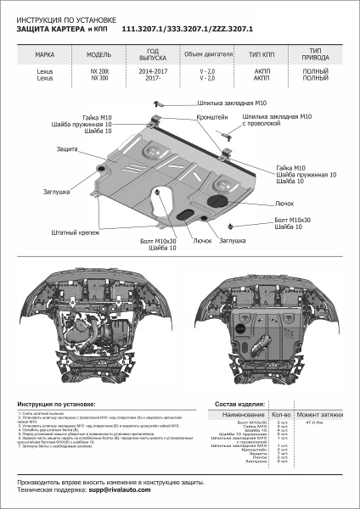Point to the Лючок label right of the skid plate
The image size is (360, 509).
click(284, 204)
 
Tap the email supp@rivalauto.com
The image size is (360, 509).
click(114, 490)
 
